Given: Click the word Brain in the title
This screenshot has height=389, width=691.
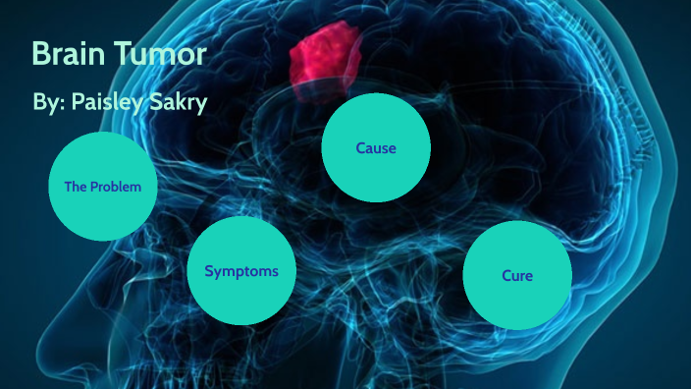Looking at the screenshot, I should point(69,54).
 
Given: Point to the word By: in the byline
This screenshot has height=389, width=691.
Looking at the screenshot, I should point(48,104).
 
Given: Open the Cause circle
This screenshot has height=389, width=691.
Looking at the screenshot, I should point(376,148).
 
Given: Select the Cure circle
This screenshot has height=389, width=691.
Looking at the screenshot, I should point(517,275).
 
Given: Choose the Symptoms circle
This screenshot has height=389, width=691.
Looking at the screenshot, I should point(241,271).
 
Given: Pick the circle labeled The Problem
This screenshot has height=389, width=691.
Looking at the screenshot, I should point(102,186).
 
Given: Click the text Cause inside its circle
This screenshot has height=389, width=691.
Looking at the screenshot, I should point(376,148).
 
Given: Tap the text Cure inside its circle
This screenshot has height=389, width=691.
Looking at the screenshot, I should point(517,276).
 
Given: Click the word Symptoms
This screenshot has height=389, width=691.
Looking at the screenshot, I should point(241,271).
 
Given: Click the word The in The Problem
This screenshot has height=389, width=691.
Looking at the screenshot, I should point(77,186).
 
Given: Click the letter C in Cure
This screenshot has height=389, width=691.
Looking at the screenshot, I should point(506,276).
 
